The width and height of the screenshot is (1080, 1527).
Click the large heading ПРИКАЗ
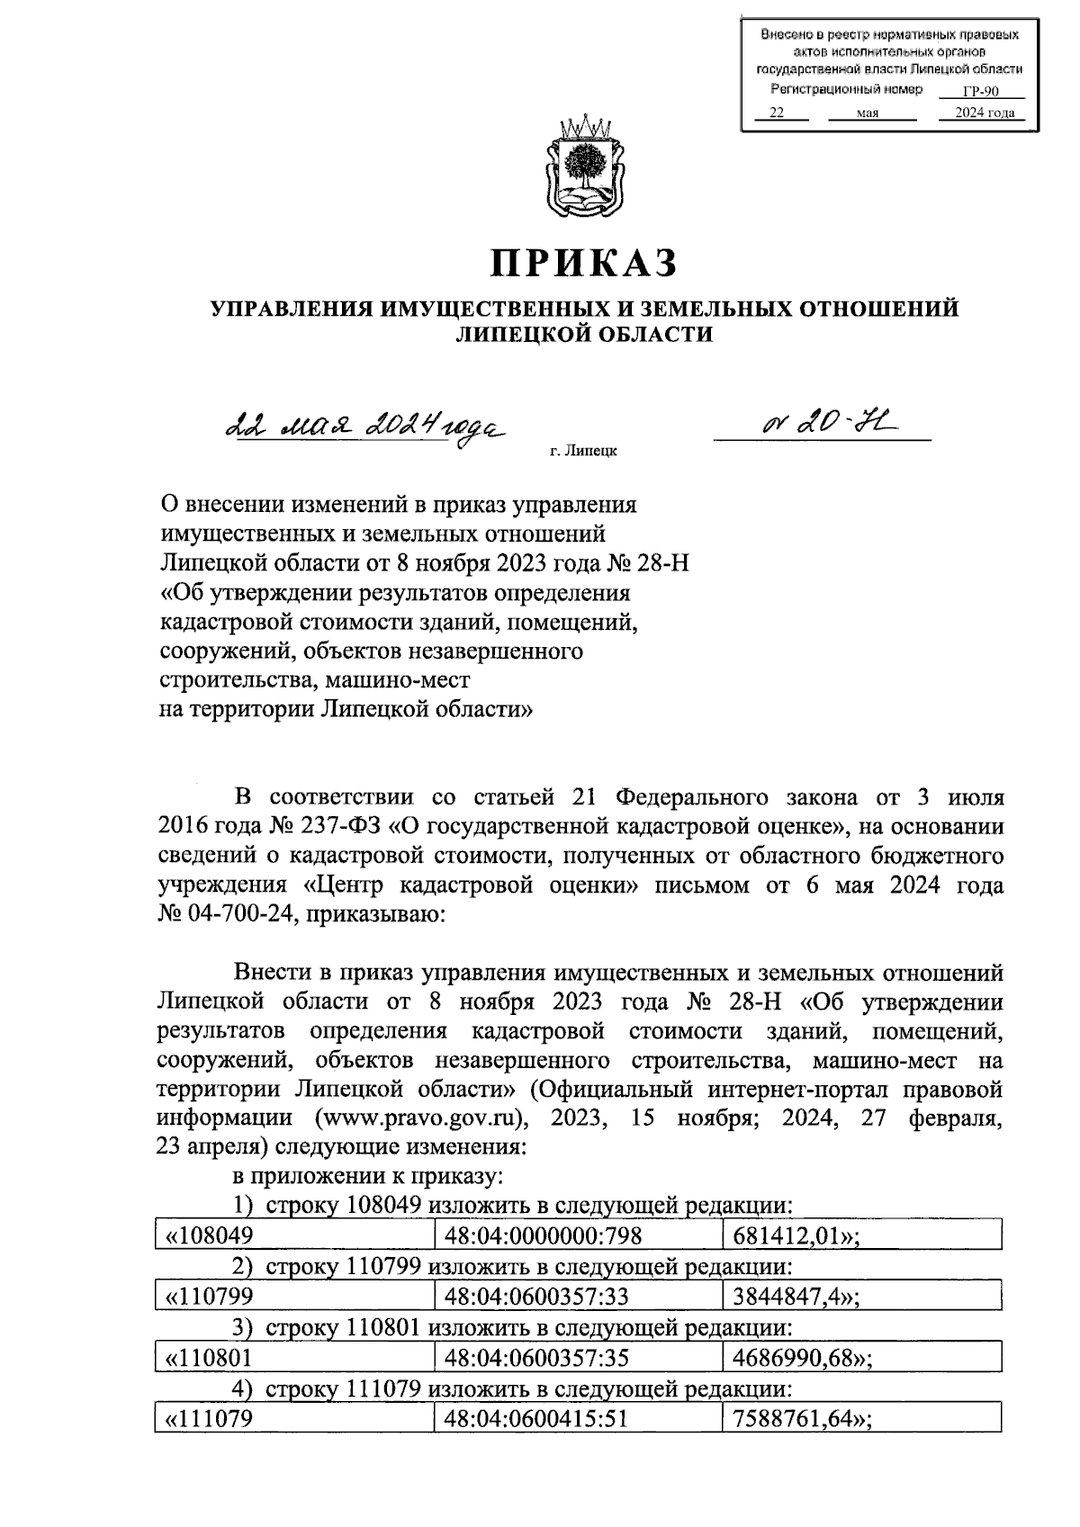[x=583, y=263]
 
